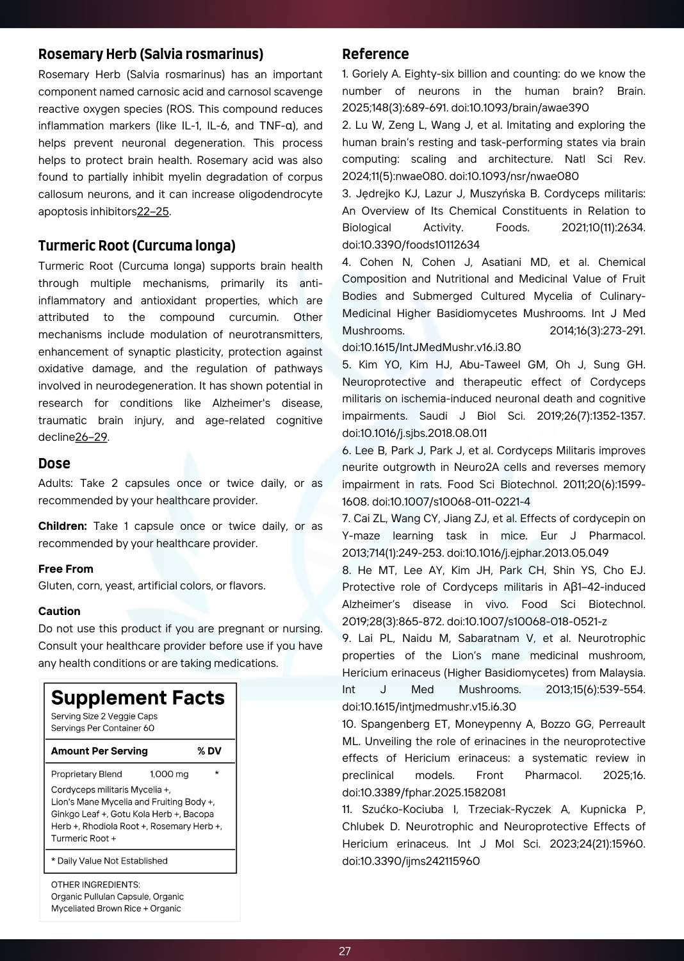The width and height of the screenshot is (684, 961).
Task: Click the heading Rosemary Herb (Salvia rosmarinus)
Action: pos(151,54)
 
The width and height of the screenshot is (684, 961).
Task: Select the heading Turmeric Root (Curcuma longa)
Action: pos(136,246)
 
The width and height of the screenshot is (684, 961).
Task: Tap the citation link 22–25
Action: pos(153,211)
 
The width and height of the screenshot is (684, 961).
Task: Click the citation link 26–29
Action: pos(91,438)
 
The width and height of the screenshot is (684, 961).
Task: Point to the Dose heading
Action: pos(54,464)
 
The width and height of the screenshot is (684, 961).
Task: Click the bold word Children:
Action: pos(62,527)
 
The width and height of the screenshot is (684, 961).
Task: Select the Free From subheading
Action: pos(65,569)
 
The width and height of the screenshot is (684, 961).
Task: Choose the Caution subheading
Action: pos(59,612)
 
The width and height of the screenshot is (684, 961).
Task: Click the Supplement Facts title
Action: pos(138,698)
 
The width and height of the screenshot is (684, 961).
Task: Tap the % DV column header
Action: pos(209,752)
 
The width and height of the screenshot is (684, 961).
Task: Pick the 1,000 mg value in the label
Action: pos(169,775)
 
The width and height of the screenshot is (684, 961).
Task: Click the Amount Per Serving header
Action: pos(99,752)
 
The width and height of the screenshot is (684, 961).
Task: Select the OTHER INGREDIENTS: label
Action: pos(95,885)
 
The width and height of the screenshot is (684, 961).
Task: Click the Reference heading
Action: pos(375,54)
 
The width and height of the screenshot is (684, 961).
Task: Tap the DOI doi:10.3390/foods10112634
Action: pos(411,245)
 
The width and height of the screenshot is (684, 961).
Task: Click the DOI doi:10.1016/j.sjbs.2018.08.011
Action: pos(414,434)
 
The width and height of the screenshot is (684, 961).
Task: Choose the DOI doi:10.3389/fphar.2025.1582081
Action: pos(423,793)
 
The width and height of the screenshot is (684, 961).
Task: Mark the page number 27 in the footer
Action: pos(345,951)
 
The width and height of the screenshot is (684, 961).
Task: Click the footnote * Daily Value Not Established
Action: pos(110,862)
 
